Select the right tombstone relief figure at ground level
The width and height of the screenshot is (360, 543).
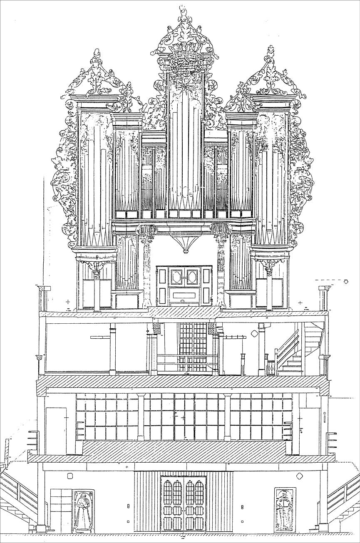(x=285, y=510)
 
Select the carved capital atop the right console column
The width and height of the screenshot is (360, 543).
(x=221, y=231)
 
